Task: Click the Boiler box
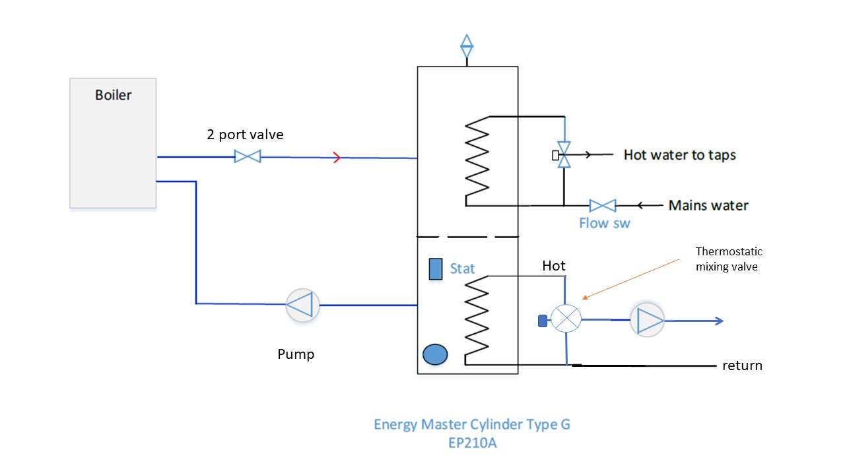point(113,142)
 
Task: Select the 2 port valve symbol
point(248,156)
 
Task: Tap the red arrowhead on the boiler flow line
point(337,157)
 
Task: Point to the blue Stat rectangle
point(436,269)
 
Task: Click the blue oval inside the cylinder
point(435,354)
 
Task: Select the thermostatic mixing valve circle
point(566,320)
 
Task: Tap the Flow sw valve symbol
point(602,205)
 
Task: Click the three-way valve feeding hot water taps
point(564,155)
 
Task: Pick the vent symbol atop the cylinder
point(467,46)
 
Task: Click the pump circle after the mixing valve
point(647,321)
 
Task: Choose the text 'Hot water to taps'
point(679,155)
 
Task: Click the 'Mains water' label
point(708,205)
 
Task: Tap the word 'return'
point(742,365)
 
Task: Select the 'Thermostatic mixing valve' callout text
point(729,260)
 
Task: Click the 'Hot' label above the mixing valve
point(554,266)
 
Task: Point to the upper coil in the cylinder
point(477,160)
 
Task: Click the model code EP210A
point(472,443)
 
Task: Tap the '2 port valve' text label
point(245,135)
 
